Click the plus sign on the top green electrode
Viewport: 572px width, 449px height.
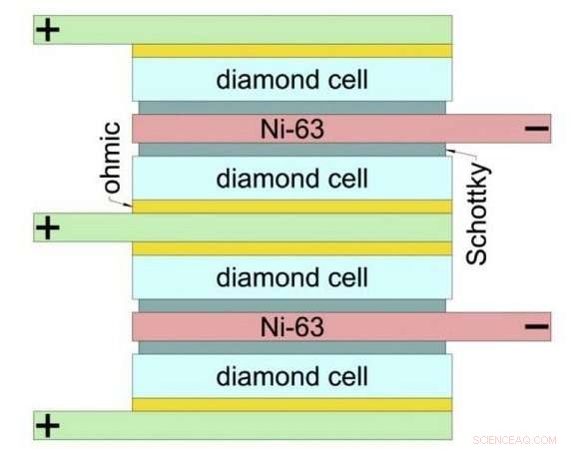pos(47,30)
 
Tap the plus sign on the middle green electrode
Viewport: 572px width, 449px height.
pos(47,227)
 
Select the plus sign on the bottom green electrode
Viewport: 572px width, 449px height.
pos(47,426)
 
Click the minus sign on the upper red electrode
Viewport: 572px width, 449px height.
pos(536,128)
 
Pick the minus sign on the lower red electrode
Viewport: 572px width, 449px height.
pos(536,325)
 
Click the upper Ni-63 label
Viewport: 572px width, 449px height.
pos(291,128)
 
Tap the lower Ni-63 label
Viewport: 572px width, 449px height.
pos(291,325)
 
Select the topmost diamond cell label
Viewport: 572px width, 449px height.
pos(291,79)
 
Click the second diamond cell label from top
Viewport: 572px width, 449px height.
pos(291,179)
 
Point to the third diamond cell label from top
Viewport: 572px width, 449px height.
pos(291,276)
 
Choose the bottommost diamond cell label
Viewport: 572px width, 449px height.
pos(291,376)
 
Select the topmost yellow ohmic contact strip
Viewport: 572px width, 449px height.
pos(291,50)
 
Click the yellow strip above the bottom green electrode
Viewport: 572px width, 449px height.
pos(291,404)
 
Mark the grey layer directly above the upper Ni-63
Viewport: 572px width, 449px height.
pos(291,107)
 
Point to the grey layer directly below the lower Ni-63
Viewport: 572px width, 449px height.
pos(291,347)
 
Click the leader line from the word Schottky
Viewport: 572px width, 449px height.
pos(464,156)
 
